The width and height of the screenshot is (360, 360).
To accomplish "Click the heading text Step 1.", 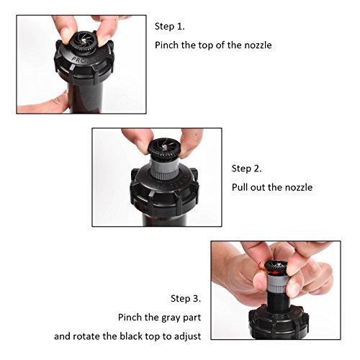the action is click(170, 27).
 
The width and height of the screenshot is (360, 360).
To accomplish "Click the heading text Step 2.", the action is click(246, 168).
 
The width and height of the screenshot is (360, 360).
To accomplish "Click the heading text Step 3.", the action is click(186, 299).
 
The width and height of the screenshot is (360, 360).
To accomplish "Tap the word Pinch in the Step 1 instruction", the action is click(166, 45).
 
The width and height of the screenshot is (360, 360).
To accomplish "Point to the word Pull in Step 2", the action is click(240, 187).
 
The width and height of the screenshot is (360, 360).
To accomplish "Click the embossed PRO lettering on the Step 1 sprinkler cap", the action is click(78, 59).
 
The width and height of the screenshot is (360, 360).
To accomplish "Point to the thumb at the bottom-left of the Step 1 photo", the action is click(43, 103).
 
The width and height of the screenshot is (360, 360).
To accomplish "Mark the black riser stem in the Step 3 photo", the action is click(279, 302).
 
